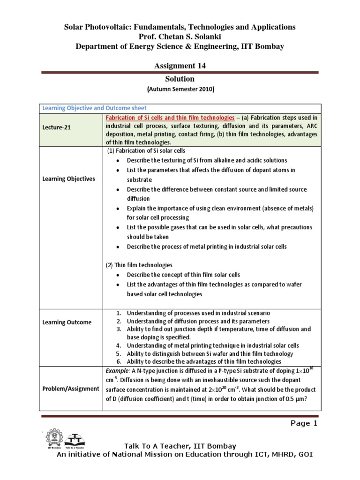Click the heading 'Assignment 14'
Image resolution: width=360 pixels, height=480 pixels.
[180, 66]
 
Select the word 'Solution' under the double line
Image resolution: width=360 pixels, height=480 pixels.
[180, 79]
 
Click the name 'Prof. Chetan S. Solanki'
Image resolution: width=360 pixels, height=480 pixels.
[180, 36]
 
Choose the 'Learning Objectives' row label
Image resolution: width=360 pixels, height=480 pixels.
[68, 179]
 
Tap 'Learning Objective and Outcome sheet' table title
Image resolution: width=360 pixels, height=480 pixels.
[94, 108]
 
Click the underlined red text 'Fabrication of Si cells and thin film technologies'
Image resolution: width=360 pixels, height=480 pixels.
[171, 117]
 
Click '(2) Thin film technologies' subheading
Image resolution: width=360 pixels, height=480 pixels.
[140, 265]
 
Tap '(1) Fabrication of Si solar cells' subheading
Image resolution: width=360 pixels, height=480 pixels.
[146, 150]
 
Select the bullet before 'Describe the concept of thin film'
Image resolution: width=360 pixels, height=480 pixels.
[117, 275]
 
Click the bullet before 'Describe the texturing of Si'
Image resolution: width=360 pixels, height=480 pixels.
[117, 160]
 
